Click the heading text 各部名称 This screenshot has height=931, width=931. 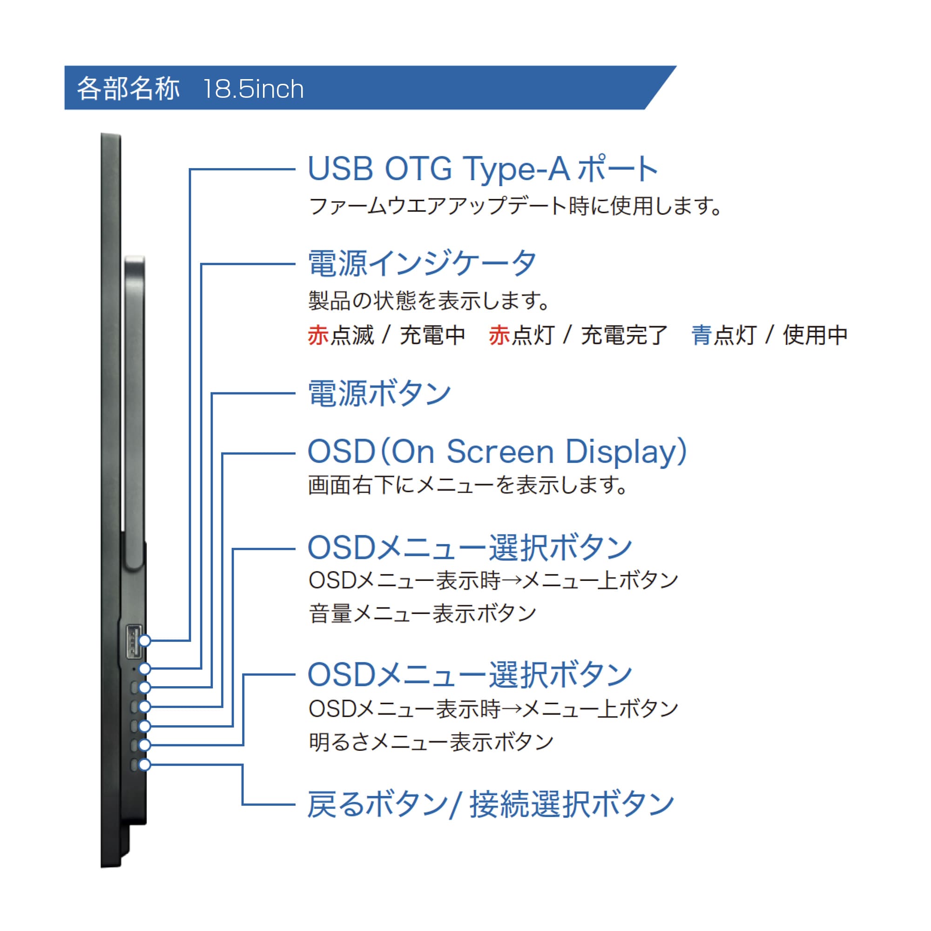click(x=128, y=88)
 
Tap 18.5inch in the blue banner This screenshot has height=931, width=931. click(x=254, y=89)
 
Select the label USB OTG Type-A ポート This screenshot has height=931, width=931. click(x=483, y=169)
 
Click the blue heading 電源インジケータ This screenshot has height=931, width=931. click(x=422, y=263)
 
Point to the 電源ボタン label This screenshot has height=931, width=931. click(x=380, y=393)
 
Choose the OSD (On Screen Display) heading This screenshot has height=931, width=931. click(x=497, y=452)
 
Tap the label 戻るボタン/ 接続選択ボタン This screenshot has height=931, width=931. click(x=491, y=804)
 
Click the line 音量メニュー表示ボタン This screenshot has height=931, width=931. click(x=423, y=614)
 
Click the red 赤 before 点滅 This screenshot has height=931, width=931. click(x=318, y=335)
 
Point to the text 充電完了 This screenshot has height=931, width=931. click(x=625, y=335)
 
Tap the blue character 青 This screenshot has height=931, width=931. click(x=702, y=335)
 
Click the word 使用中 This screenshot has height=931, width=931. click(x=816, y=335)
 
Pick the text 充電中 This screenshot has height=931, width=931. click(x=433, y=335)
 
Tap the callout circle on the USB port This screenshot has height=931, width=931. click(x=145, y=641)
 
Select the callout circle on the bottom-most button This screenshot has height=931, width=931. click(x=145, y=765)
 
